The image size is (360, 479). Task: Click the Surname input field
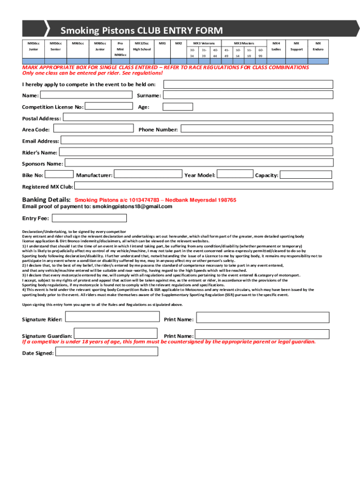(248, 95)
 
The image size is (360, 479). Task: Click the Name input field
(86, 95)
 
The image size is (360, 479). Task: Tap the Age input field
(248, 107)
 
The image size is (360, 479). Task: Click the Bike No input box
(59, 174)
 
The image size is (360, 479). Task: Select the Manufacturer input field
(148, 174)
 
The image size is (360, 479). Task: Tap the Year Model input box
(236, 174)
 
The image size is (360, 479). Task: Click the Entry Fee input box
(89, 218)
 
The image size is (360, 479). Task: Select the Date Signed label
(38, 353)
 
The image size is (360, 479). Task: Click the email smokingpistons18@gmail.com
(132, 206)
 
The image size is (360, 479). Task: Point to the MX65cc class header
(78, 43)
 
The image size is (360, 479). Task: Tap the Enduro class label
(318, 49)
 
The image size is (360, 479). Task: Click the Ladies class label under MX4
(276, 49)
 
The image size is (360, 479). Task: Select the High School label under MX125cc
(142, 49)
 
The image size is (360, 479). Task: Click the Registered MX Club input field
(204, 186)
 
